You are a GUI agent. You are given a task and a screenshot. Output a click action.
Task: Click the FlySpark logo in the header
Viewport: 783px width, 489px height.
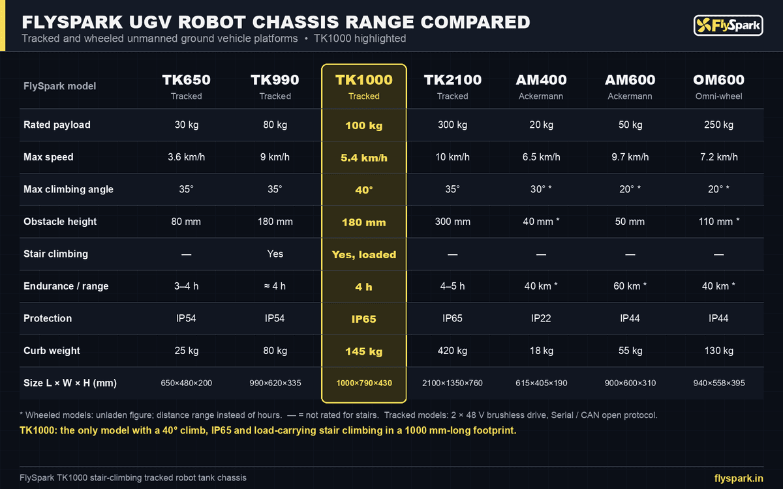click(728, 25)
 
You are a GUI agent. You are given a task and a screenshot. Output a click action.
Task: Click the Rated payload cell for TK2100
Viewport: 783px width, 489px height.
click(452, 125)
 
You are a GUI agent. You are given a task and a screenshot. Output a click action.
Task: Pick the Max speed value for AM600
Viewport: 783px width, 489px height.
click(630, 157)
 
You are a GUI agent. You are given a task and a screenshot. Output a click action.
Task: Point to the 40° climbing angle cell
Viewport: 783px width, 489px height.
click(364, 190)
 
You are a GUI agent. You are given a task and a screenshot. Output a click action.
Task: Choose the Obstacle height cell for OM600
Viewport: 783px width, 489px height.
click(718, 222)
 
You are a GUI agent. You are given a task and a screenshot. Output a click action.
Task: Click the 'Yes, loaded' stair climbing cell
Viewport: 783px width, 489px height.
click(364, 255)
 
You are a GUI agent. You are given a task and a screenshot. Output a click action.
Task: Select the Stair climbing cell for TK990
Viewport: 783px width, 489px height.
click(275, 254)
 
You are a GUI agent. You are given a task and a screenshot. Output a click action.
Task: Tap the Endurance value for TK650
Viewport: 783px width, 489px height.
click(187, 286)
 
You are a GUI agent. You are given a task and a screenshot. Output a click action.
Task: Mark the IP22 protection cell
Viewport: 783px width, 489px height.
click(541, 318)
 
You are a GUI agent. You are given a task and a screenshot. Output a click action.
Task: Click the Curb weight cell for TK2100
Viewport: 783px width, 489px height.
click(452, 350)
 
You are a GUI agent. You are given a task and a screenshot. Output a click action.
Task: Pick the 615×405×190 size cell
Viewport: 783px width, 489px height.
click(541, 383)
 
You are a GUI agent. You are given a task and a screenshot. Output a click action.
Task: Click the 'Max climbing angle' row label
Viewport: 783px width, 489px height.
click(69, 189)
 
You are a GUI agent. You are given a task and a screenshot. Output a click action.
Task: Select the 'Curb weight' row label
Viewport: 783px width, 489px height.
click(52, 351)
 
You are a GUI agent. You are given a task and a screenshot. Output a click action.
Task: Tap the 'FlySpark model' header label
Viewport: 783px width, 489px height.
click(59, 86)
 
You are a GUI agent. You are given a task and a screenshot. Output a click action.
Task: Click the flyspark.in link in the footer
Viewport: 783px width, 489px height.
click(739, 478)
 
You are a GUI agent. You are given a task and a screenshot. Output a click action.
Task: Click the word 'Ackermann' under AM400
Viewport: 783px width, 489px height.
click(541, 96)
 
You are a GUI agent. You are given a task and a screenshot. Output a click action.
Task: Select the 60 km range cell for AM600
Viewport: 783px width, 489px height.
click(630, 286)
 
